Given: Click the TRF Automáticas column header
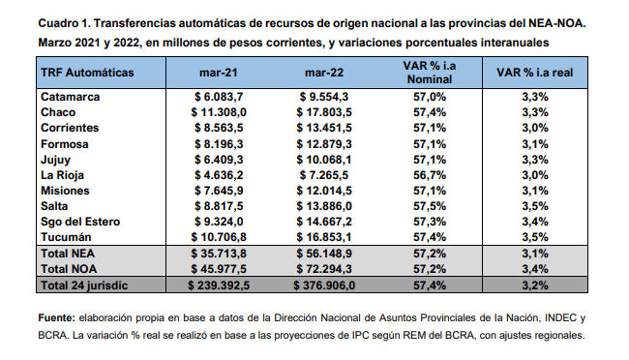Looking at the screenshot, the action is coord(87,73).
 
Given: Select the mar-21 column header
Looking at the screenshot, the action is coord(219,73).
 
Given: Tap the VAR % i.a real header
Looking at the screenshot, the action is coord(535,73).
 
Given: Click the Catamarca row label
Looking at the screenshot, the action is coord(71,97).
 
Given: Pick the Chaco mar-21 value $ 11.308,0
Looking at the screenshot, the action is coord(219,112).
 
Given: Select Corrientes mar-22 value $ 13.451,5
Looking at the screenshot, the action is coord(324,128).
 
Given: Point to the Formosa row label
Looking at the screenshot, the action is coord(65,144).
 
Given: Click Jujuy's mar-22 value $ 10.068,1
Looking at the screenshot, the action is coord(324,160).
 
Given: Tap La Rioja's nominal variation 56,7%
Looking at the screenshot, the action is coord(430,175).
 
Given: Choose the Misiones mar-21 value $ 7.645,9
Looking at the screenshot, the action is coord(219,191).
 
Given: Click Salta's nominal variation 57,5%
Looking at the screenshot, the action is coord(430,206).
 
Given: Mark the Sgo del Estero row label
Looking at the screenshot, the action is coord(80,222).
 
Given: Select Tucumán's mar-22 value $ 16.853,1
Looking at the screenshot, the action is coord(324,237).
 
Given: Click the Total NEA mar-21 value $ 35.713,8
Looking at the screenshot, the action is coord(219,254).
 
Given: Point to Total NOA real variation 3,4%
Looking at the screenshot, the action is coord(535,269).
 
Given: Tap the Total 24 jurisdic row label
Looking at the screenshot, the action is coord(84,285).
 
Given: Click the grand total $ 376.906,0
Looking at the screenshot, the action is coord(324,285).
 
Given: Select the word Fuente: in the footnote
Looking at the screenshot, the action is coord(56,318).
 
